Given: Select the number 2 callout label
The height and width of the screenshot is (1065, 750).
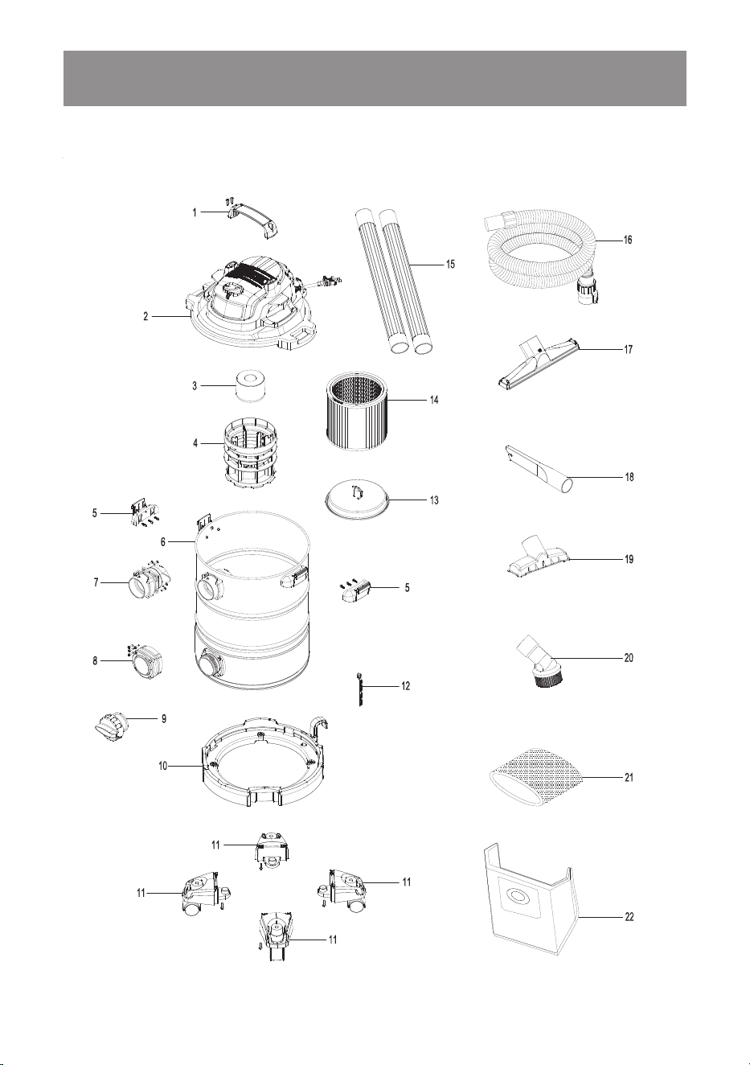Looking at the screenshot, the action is [x=146, y=316].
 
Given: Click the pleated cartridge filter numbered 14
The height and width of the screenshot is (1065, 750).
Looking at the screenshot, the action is [x=355, y=411].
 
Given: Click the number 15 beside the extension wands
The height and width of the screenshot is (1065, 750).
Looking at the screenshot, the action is [x=450, y=264].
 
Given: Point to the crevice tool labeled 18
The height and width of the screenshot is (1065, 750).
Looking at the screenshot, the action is [x=539, y=471].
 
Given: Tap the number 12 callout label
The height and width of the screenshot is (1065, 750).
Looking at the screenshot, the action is [x=405, y=686].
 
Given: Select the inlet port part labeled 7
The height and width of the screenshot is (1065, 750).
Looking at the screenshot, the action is [x=149, y=581].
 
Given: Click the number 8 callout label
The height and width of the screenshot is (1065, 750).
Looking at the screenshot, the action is [x=95, y=661].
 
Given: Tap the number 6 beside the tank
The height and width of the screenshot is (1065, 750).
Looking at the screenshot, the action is [x=163, y=542].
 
